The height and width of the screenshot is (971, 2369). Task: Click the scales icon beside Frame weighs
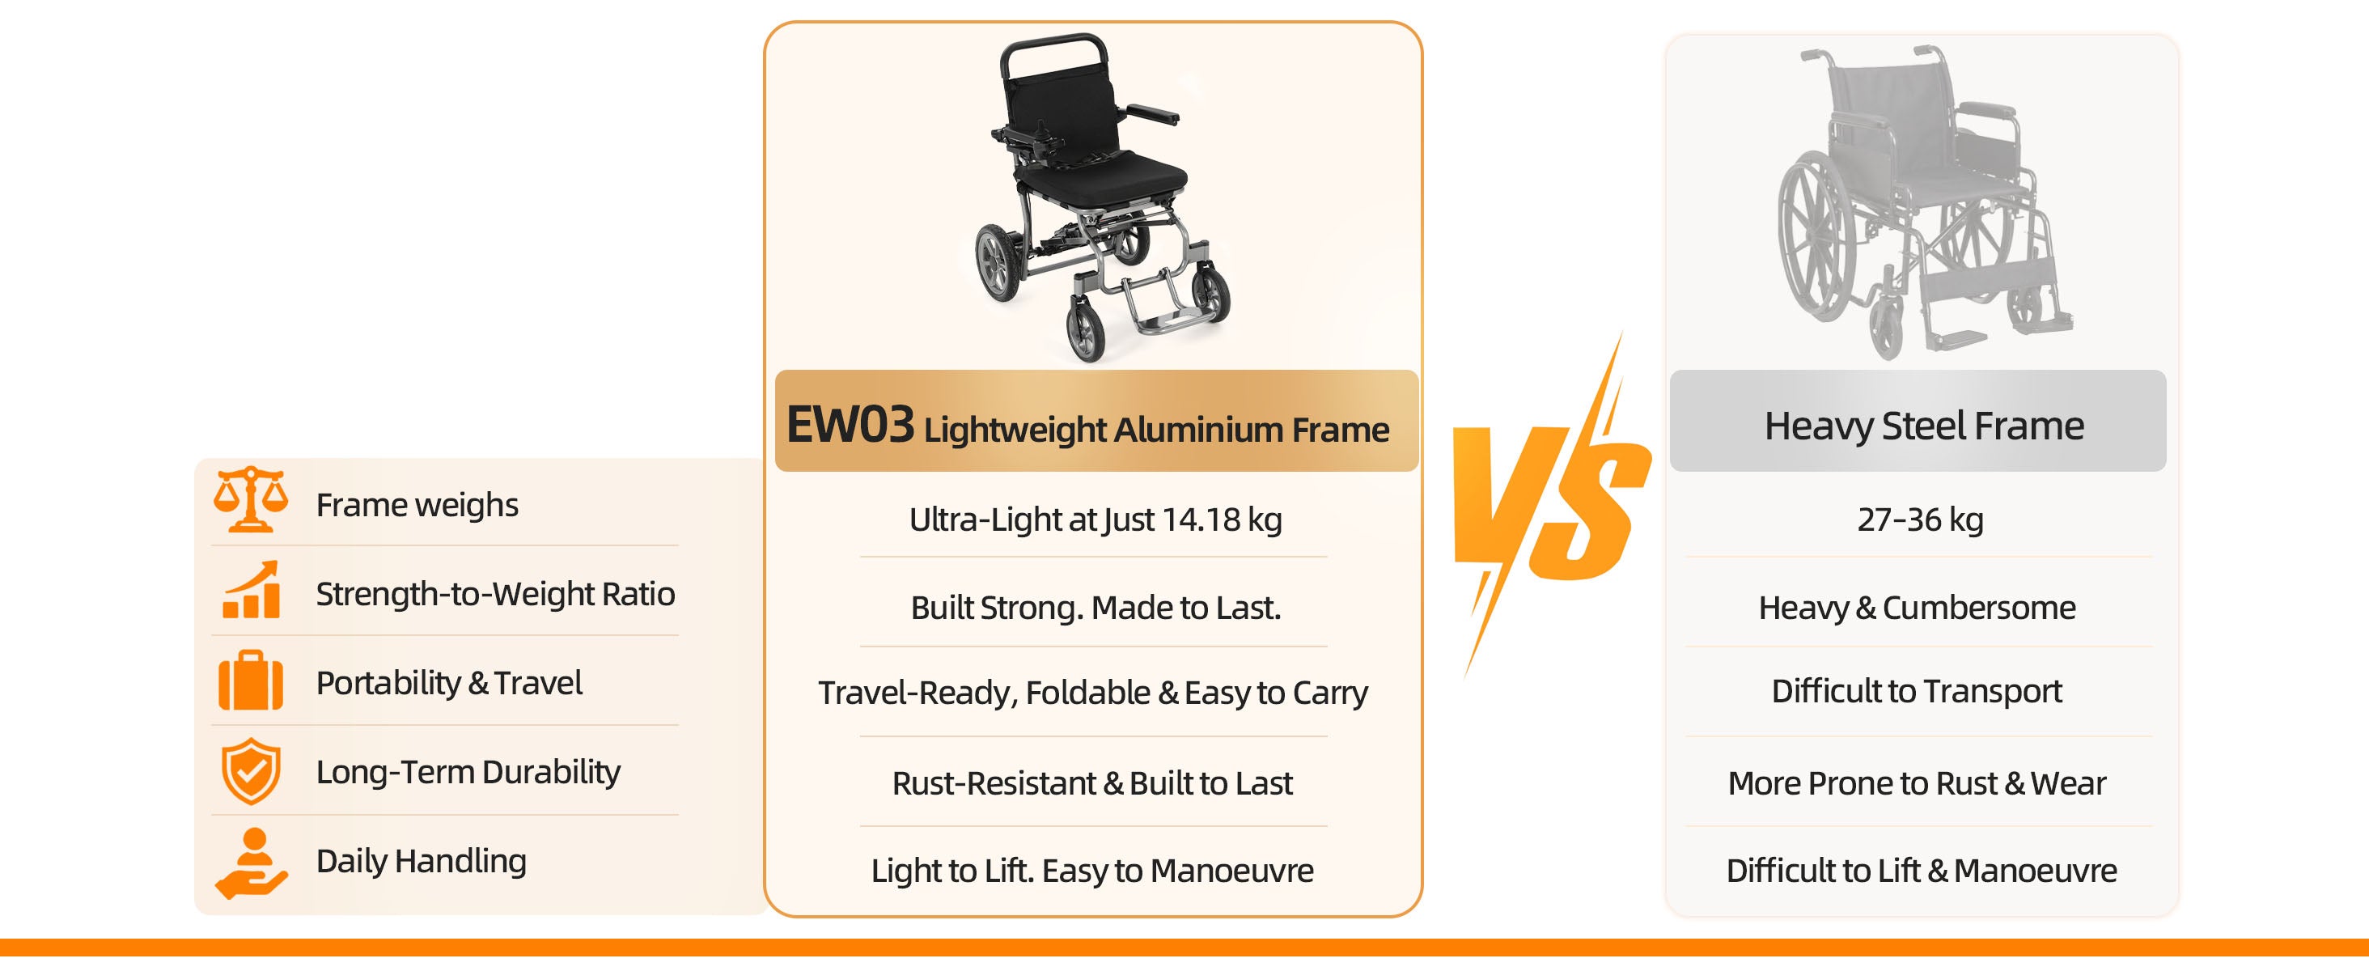point(250,499)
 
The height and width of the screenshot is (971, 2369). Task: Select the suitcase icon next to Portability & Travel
point(251,681)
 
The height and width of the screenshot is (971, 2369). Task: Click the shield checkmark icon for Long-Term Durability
point(251,770)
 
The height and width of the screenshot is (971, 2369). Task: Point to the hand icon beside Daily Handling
point(251,863)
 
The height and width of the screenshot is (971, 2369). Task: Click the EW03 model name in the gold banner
point(850,425)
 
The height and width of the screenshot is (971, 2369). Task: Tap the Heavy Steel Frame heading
point(1924,426)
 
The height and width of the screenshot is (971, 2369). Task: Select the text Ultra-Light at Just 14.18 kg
point(1096,519)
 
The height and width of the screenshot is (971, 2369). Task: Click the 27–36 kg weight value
point(1920,519)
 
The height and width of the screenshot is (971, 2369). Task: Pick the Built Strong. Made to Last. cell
point(1096,608)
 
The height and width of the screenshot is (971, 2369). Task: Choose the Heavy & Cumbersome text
point(1918,608)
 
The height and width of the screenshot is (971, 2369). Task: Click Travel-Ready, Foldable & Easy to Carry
point(1093,693)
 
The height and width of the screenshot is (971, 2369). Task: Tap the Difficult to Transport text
point(1918,690)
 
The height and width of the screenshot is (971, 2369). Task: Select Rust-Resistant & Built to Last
point(1092,783)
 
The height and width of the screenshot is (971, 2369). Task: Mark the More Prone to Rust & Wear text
point(1918,783)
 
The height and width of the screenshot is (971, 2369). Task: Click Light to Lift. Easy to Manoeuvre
point(1092,871)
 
